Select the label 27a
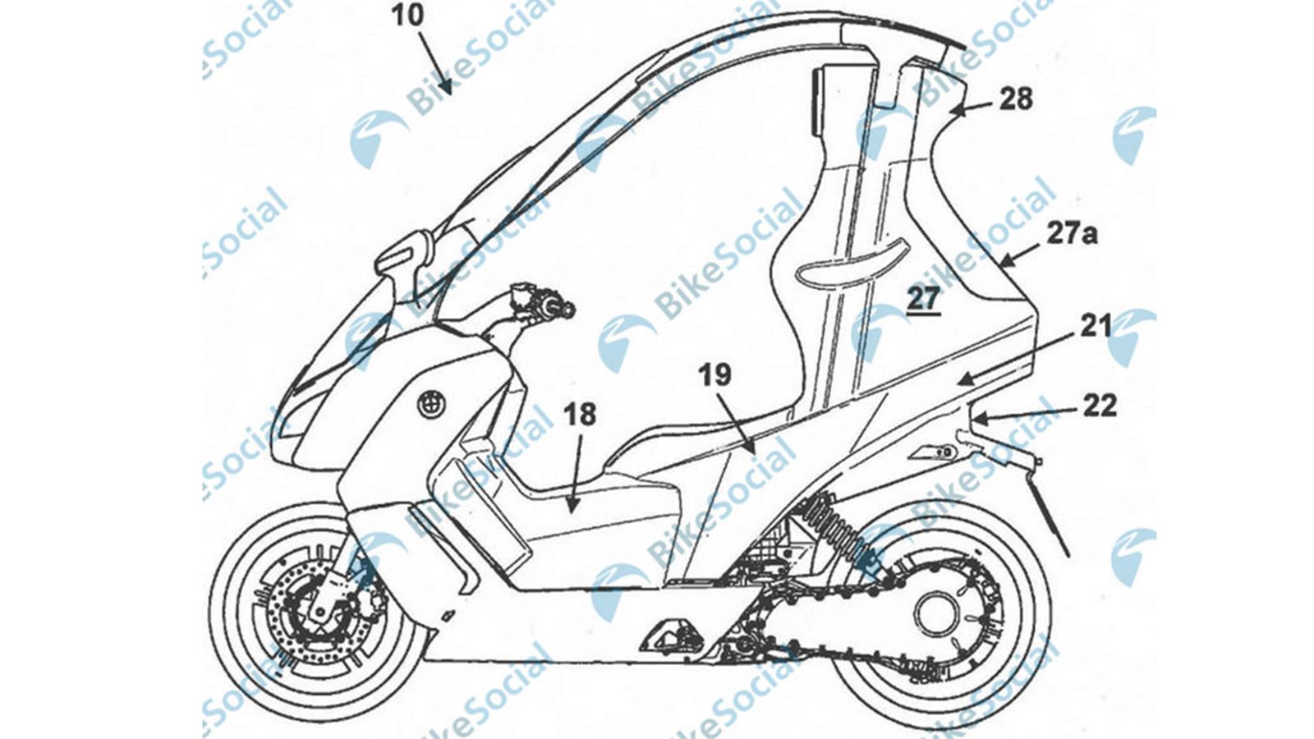1072,234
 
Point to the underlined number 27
923,298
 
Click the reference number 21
1096,327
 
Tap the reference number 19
714,375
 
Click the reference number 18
580,414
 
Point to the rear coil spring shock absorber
829,523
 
